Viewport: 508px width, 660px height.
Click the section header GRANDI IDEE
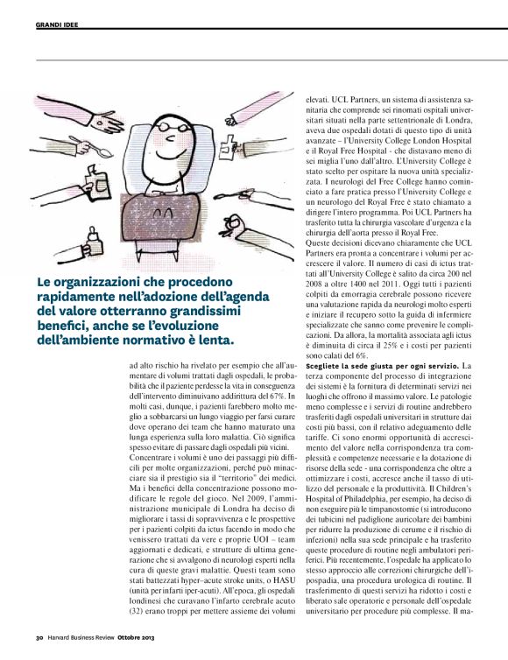click(56, 25)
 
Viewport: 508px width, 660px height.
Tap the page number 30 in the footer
click(39, 649)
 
